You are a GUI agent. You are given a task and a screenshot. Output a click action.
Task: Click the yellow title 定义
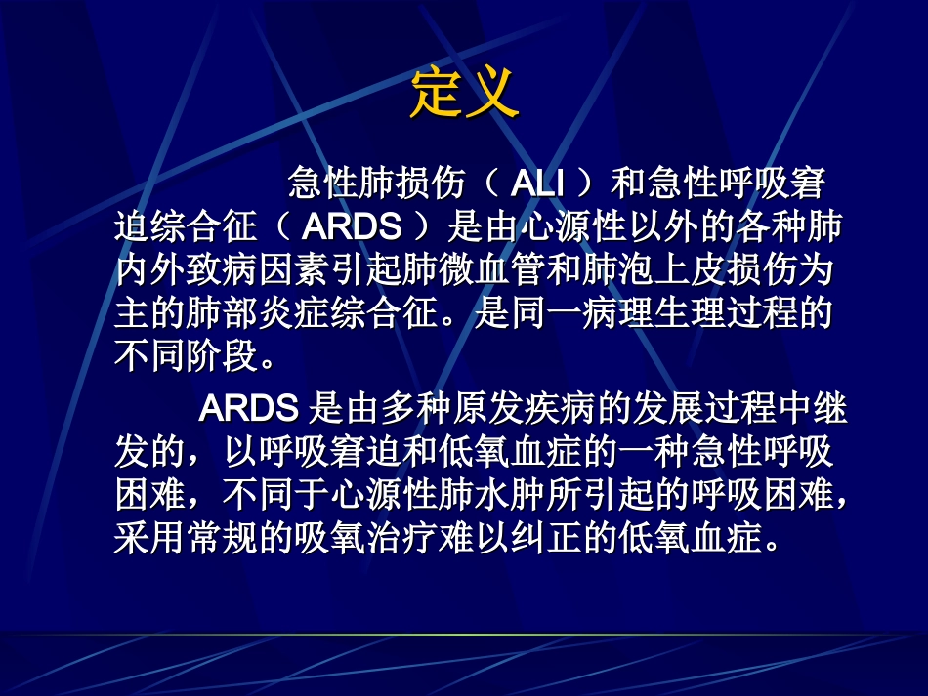pyautogui.click(x=463, y=93)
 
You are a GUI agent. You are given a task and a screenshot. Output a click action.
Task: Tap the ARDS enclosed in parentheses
pyautogui.click(x=352, y=227)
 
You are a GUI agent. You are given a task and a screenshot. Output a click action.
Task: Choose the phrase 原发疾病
pyautogui.click(x=500, y=409)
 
